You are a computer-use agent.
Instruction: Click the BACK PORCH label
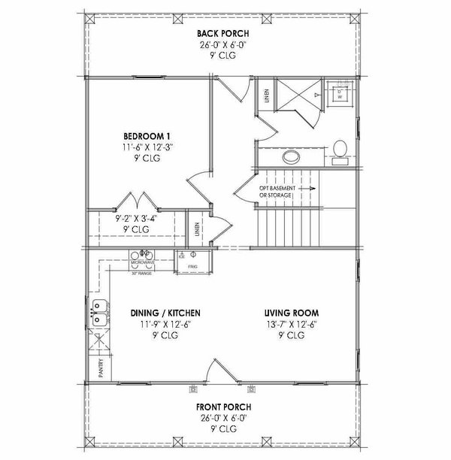tap(223, 33)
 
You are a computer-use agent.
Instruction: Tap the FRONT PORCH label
tap(224, 410)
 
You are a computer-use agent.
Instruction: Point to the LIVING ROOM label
tap(292, 313)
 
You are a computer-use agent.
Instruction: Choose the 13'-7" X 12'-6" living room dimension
tap(292, 325)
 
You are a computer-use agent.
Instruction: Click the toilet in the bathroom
tap(340, 148)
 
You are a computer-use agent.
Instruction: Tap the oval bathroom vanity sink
tap(290, 158)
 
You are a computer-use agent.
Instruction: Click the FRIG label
tap(192, 267)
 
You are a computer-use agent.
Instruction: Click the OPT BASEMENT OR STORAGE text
tap(275, 192)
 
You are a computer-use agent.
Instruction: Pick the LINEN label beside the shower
tap(268, 95)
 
